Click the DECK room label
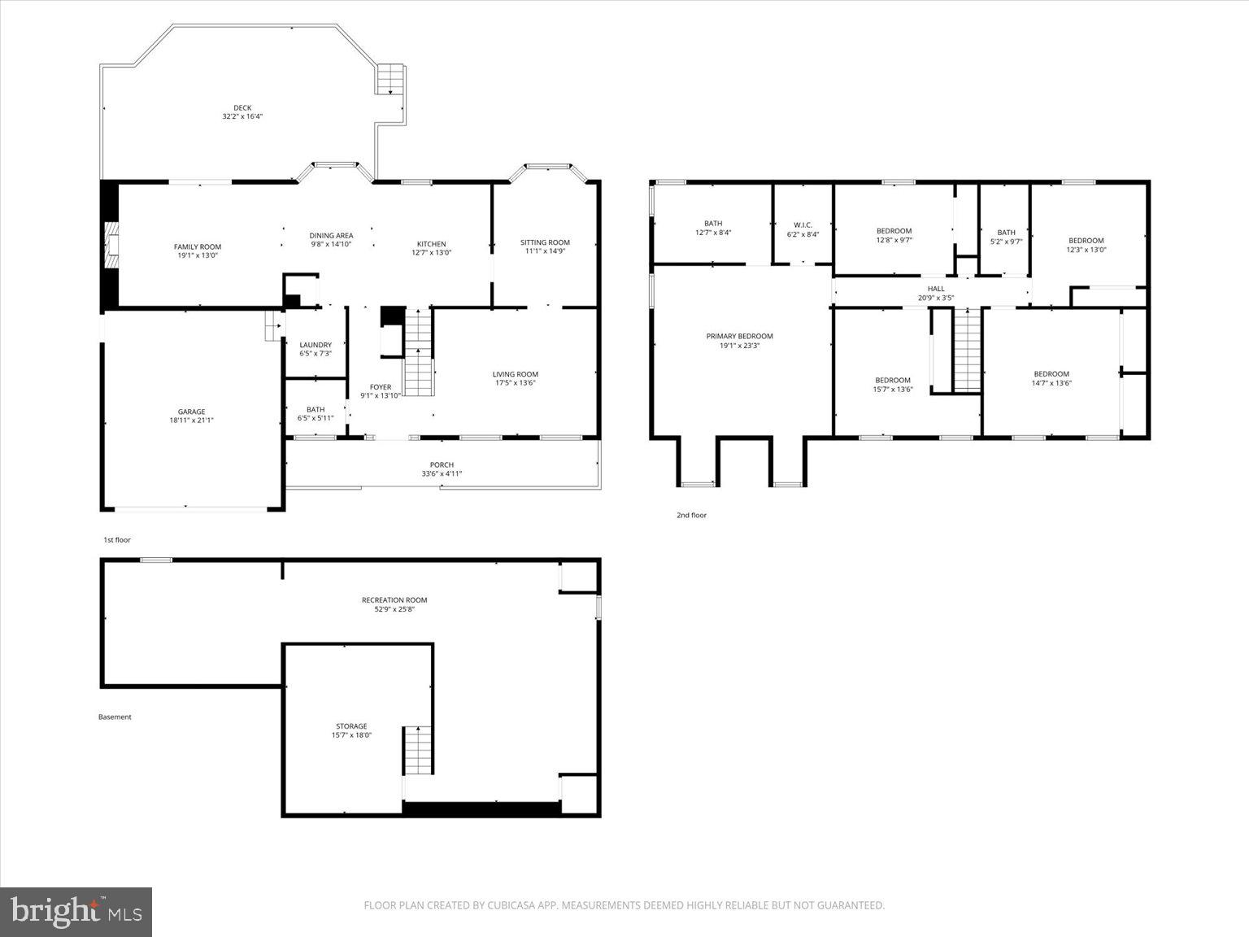point(242,107)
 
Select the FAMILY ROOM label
point(198,246)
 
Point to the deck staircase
point(389,80)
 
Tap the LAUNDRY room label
point(316,345)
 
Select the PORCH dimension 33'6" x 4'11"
point(442,473)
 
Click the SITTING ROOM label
point(545,242)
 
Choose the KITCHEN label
point(431,244)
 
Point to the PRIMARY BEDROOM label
point(739,336)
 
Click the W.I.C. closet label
point(803,224)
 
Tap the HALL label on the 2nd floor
point(936,289)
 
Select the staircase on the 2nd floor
point(967,351)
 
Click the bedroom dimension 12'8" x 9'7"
point(894,240)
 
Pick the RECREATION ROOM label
point(394,600)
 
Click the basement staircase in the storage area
point(416,750)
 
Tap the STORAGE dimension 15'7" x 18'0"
point(351,735)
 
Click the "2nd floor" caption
point(691,515)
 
